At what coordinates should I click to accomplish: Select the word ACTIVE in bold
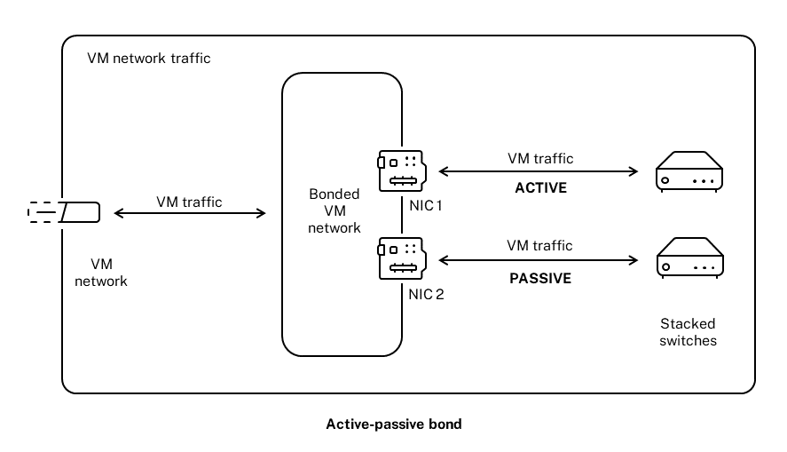pyautogui.click(x=540, y=188)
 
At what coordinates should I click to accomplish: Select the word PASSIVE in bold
pyautogui.click(x=539, y=277)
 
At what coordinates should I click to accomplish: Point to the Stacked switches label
pyautogui.click(x=688, y=331)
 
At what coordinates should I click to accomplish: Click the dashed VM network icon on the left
pyautogui.click(x=63, y=213)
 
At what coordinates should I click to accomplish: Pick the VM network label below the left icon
pyautogui.click(x=108, y=273)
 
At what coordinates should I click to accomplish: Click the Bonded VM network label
pyautogui.click(x=334, y=210)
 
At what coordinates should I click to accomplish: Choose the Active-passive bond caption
pyautogui.click(x=394, y=424)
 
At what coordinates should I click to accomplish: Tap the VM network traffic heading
pyautogui.click(x=149, y=59)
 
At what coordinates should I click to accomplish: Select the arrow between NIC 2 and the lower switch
pyautogui.click(x=539, y=259)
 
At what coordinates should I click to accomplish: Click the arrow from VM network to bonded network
pyautogui.click(x=190, y=213)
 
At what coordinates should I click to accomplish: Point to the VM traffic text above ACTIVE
pyautogui.click(x=540, y=159)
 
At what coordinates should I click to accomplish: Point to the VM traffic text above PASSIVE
pyautogui.click(x=539, y=245)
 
